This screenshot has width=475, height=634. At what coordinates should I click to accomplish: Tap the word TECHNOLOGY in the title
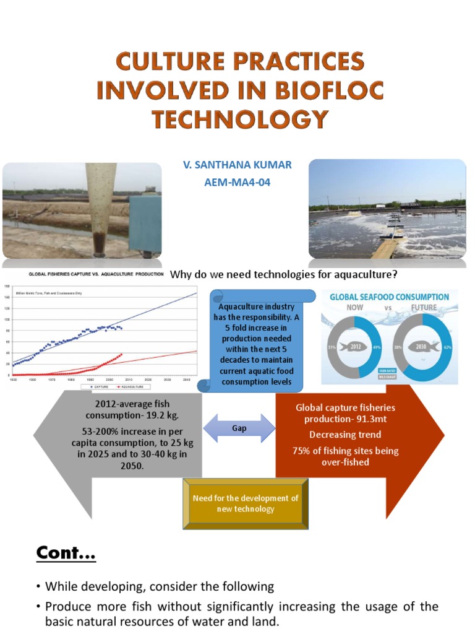[240, 118]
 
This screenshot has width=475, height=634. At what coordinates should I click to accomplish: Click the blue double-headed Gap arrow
[239, 428]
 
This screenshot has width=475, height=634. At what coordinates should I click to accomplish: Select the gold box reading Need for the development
[246, 503]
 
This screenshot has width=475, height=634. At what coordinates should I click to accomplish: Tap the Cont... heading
[65, 552]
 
